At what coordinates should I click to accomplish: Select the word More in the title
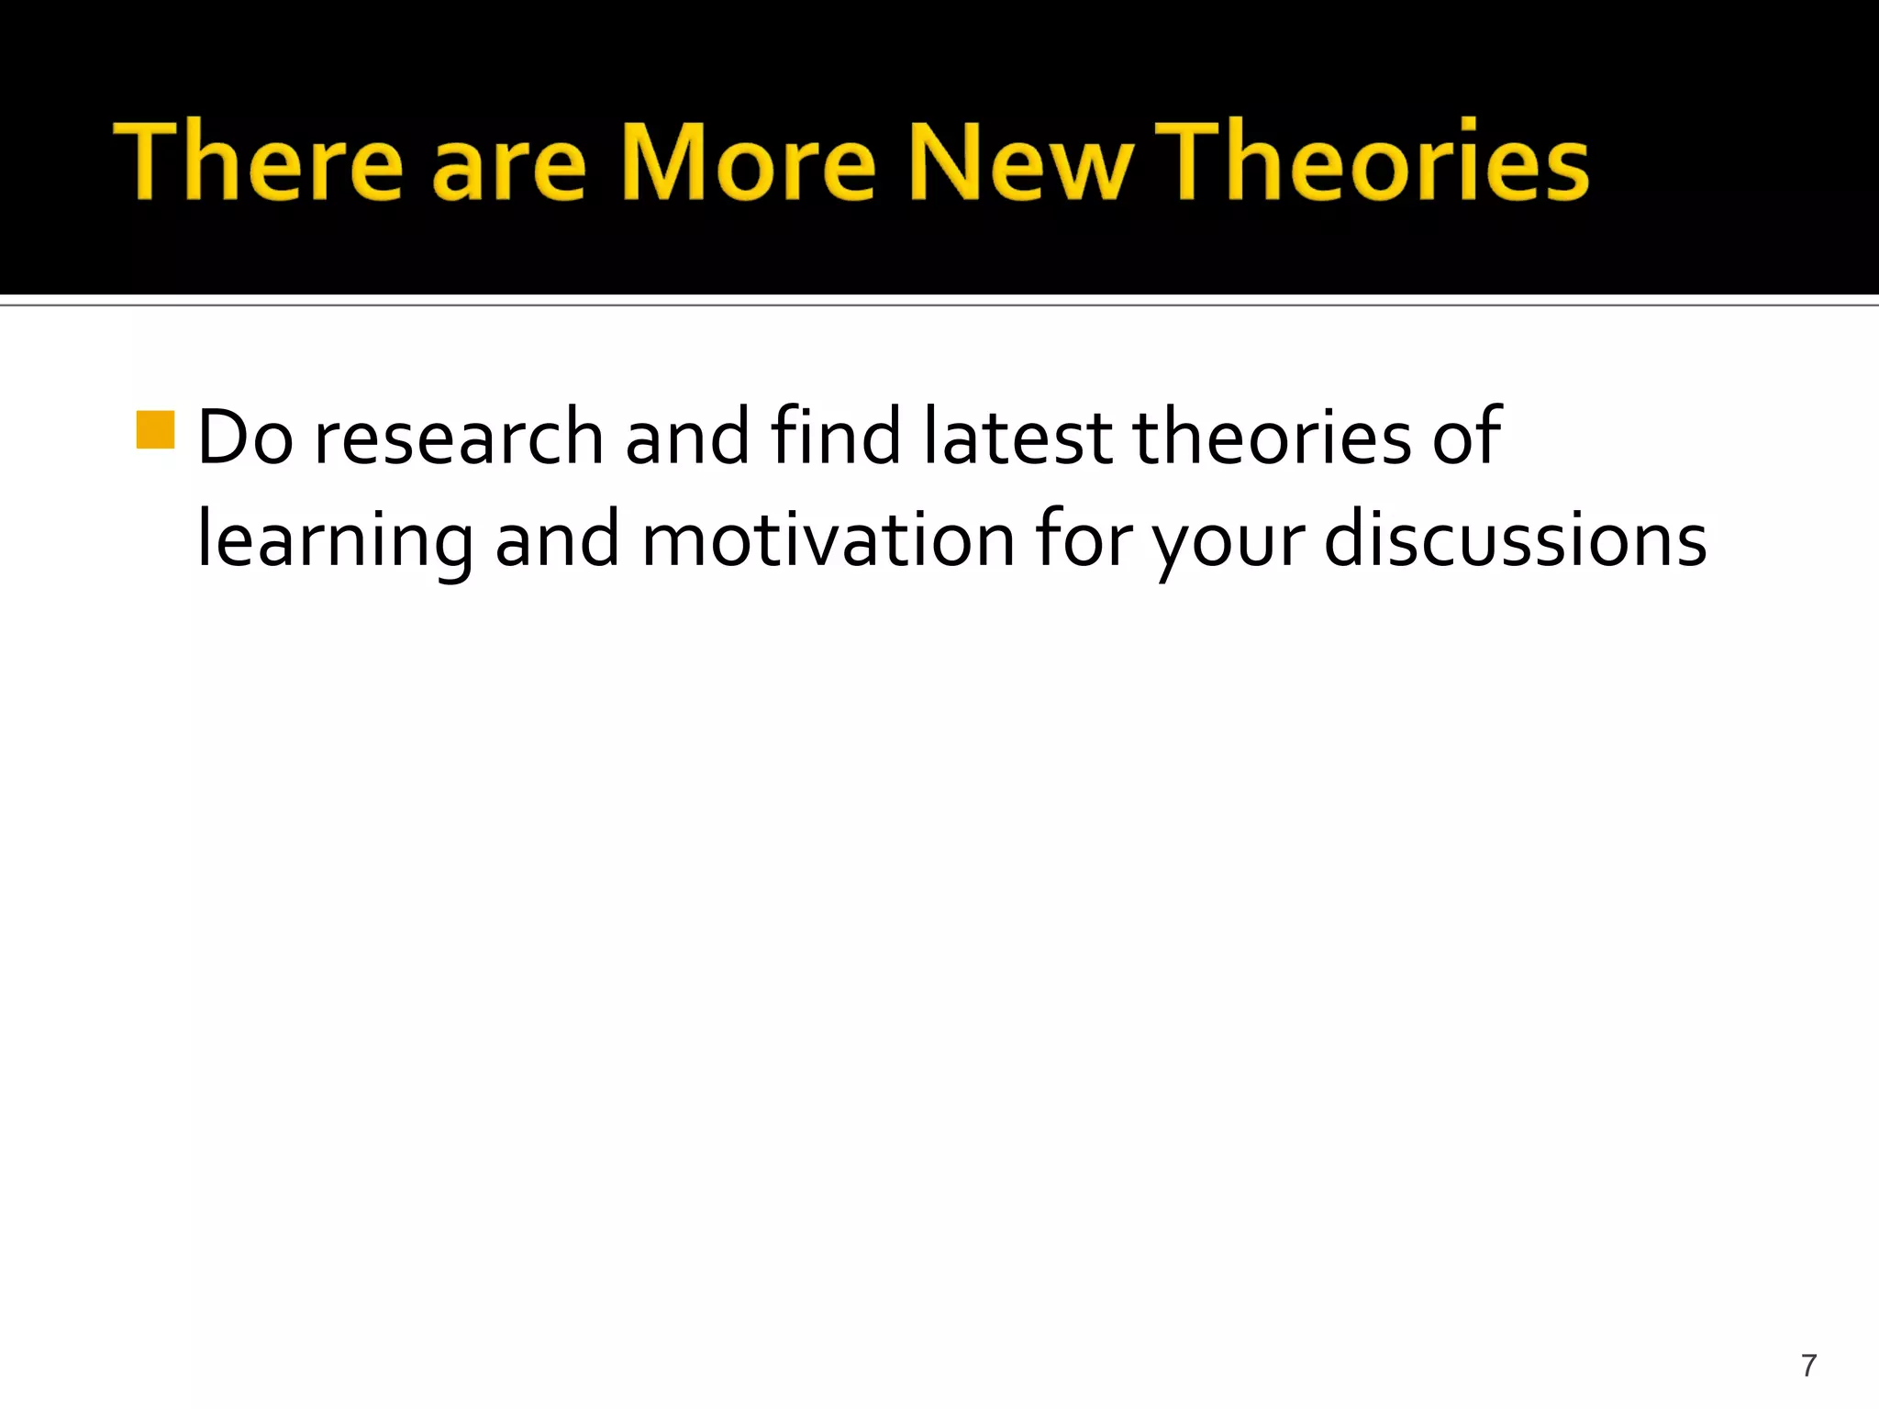750,161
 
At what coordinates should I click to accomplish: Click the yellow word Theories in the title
1372,161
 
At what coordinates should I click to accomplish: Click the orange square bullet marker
155,430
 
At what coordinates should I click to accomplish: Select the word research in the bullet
459,438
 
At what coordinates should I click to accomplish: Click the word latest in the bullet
1017,438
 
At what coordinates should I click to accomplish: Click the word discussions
1515,539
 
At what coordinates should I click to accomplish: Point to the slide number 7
1808,1365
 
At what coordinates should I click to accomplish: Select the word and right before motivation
557,539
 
